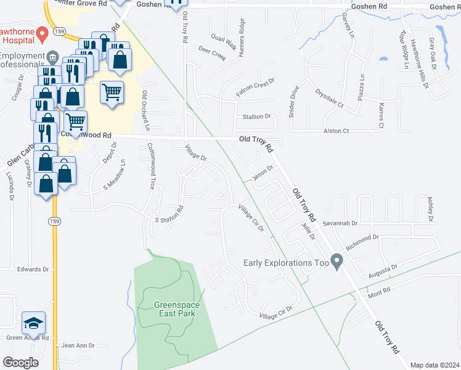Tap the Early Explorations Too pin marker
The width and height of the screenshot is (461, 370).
coord(337,262)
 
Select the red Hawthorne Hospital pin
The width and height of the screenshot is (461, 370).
coord(43,34)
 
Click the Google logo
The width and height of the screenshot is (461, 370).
coord(20,362)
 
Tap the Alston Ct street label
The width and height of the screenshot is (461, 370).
coord(337,131)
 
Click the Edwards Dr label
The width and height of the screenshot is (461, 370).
coord(33,269)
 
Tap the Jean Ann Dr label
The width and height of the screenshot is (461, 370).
coord(78,346)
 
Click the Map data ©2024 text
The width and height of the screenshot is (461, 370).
coord(435,365)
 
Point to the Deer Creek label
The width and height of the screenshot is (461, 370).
coord(212,53)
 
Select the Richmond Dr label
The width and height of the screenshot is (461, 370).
coord(362,242)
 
